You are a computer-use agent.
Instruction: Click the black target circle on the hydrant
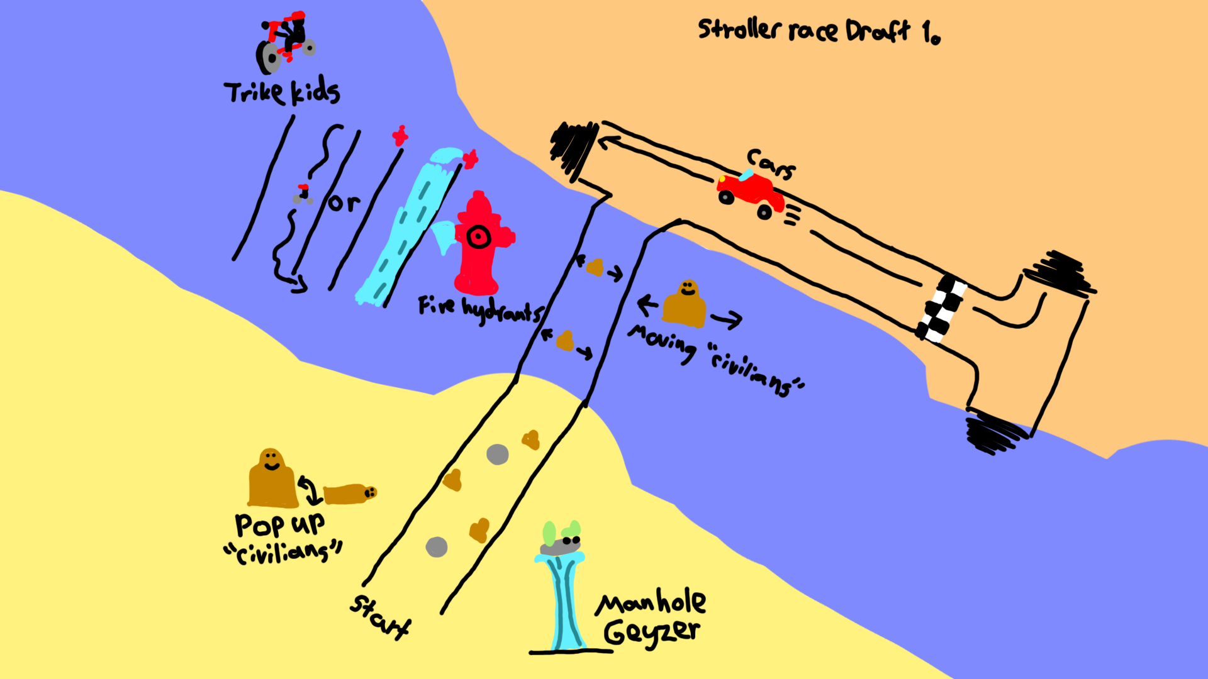[x=479, y=237]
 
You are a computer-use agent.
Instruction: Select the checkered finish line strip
[x=941, y=308]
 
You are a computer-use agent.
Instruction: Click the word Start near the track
[x=380, y=616]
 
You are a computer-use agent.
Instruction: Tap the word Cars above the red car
[x=771, y=163]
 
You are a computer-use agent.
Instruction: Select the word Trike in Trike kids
[x=254, y=93]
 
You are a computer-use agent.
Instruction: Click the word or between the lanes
[x=344, y=202]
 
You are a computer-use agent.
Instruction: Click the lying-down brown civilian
[x=350, y=494]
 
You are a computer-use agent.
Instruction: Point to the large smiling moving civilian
[x=685, y=304]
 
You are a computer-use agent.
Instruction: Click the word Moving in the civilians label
[x=662, y=343]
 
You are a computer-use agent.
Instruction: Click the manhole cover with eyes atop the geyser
[x=561, y=546]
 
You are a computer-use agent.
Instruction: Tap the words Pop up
[x=280, y=524]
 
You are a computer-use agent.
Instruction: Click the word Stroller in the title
[x=739, y=30]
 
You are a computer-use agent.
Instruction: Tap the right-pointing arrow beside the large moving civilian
[x=726, y=320]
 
